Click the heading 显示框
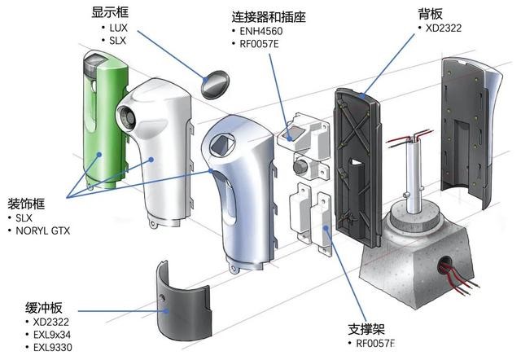coord(112,12)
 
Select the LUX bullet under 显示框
coord(119,28)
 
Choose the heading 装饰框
coord(26,204)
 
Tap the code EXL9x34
coord(52,335)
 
